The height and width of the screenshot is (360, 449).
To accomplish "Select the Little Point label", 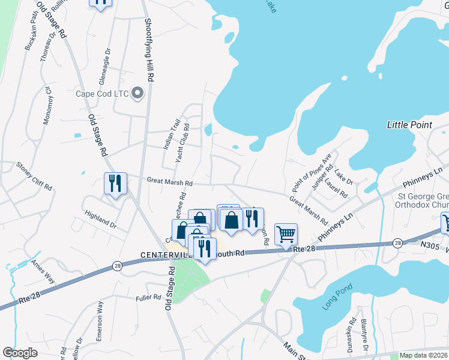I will tap(409, 125).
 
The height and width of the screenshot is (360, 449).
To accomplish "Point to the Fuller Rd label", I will tap(148, 296).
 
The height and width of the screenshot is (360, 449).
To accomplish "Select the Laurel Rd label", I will tap(336, 188).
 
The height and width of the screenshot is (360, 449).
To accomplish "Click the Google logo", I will tap(20, 353).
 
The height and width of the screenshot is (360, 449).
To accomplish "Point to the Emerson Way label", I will tap(100, 329).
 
